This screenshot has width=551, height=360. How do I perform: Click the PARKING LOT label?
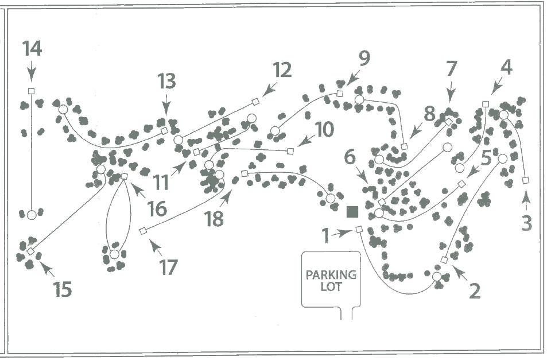click(x=331, y=280)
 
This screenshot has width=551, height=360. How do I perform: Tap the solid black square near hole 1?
click(x=353, y=211)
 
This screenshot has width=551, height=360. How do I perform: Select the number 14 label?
click(x=32, y=49)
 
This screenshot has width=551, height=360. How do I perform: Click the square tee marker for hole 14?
click(x=32, y=91)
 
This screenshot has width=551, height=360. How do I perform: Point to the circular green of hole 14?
click(x=32, y=215)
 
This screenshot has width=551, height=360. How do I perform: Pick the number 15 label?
click(x=63, y=289)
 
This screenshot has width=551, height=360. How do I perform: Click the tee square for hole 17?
click(x=143, y=231)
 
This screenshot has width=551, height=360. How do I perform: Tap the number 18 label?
click(x=214, y=219)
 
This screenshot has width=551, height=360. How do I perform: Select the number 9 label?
click(x=364, y=58)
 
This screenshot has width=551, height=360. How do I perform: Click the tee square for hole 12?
click(x=255, y=101)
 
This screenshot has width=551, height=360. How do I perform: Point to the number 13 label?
click(x=166, y=82)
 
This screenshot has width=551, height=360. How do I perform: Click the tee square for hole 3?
click(x=525, y=180)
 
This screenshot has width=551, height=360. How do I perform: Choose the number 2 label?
click(x=474, y=291)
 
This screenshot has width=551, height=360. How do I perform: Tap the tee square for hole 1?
click(x=359, y=229)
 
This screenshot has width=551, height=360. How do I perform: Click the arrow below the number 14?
click(x=32, y=73)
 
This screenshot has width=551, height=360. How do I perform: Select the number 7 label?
click(x=452, y=69)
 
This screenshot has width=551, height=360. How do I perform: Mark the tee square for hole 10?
click(x=290, y=151)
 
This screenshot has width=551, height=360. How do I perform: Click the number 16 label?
click(x=157, y=209)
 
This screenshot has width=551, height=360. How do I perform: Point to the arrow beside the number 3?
click(x=526, y=200)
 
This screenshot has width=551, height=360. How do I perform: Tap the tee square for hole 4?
click(x=486, y=104)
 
